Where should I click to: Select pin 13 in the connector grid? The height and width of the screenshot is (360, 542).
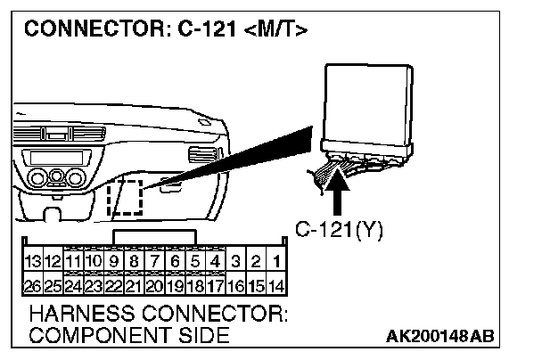coord(33,262)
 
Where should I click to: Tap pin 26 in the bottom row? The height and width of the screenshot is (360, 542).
coord(33,286)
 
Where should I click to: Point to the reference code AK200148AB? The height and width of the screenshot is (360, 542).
coord(441,337)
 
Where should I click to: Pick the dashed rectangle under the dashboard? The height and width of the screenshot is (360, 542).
coord(126,197)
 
